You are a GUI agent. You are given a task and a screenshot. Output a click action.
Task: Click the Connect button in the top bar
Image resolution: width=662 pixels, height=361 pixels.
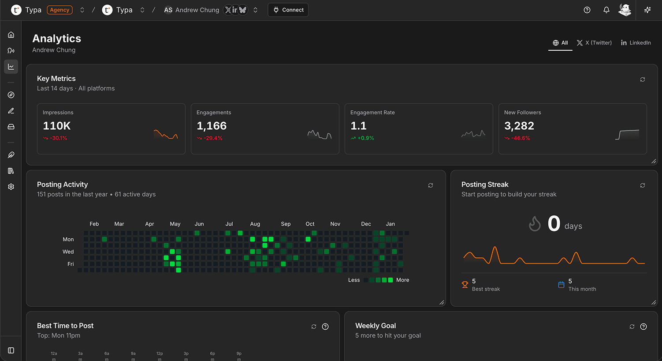288,10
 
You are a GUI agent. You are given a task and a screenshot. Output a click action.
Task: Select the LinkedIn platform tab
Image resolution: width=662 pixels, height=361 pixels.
636,43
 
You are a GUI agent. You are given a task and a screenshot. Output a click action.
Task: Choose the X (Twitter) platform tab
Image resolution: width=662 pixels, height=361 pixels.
594,43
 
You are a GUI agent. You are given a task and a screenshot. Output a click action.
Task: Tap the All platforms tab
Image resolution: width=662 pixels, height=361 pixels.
560,43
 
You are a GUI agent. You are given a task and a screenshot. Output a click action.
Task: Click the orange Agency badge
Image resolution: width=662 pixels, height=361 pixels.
60,10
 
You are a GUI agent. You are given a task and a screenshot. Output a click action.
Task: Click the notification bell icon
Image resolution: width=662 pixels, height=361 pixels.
606,10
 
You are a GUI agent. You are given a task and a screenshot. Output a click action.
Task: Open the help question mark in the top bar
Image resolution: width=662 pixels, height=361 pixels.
587,10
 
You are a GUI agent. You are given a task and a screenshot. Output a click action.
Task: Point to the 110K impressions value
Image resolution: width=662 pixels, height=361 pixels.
57,126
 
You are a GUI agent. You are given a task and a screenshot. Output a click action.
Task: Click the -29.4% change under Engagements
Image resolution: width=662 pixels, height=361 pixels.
212,138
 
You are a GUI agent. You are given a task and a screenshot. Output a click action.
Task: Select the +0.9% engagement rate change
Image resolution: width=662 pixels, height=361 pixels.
365,138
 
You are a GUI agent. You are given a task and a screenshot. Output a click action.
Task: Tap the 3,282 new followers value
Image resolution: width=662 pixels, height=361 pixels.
519,126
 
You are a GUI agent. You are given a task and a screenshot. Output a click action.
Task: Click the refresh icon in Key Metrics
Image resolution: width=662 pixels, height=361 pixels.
643,79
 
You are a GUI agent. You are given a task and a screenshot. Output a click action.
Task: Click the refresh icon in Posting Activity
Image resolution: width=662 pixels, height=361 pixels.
431,185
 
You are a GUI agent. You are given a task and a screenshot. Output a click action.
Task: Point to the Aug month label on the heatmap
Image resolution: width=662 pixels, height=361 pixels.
255,224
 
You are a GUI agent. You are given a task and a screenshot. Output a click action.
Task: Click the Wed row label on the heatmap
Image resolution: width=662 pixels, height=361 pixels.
68,252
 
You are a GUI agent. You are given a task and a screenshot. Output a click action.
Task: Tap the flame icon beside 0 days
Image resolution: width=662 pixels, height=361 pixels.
535,224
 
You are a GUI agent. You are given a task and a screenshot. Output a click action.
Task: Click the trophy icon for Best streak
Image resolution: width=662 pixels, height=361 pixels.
465,285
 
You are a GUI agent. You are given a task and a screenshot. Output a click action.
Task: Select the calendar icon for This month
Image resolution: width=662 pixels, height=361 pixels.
561,285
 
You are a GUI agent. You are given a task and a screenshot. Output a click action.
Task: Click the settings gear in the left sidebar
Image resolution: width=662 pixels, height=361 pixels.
11,187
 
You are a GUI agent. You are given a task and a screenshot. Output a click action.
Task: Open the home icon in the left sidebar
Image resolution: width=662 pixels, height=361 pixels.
11,35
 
